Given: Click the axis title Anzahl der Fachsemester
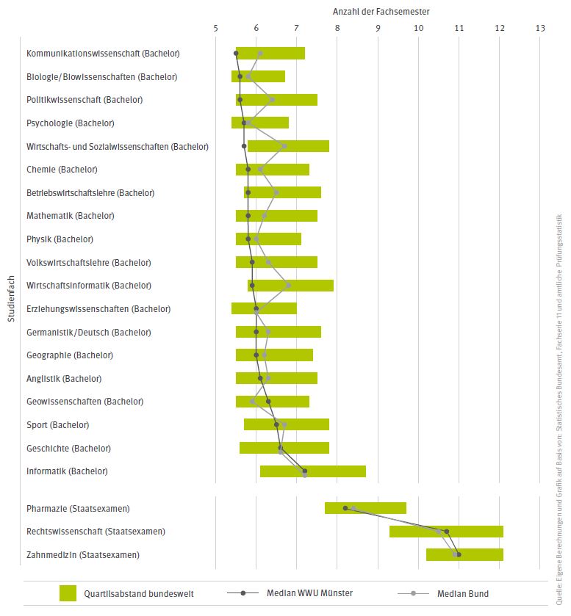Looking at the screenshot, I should [x=381, y=12].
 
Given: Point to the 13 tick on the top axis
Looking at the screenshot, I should [x=540, y=28].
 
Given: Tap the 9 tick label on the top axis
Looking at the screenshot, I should [x=378, y=28].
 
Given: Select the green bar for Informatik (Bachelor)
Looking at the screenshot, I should [x=313, y=471].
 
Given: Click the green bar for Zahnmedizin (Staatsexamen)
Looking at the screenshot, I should [x=464, y=554].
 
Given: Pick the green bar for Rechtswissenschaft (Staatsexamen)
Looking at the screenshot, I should [x=446, y=532].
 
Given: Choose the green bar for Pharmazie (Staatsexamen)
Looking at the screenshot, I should [x=365, y=508].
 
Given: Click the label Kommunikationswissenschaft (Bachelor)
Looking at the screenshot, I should [x=103, y=54].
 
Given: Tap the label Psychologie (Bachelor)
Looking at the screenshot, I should [x=71, y=123].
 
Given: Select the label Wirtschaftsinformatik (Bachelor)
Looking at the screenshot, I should [x=89, y=286].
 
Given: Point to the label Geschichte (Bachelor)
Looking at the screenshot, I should [x=68, y=449].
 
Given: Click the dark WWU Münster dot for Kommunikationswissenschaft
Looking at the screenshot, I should [x=237, y=53].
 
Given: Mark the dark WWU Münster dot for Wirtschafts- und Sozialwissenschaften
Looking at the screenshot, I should [x=244, y=146].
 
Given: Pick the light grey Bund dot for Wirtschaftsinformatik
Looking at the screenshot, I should [x=288, y=286].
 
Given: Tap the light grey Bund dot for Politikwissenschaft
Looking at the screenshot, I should [x=272, y=99].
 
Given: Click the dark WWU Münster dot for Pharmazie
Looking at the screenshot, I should [x=345, y=508].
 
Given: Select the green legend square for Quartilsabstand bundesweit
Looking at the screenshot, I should [x=68, y=593].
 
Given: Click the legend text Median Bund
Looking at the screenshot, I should [x=463, y=593].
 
